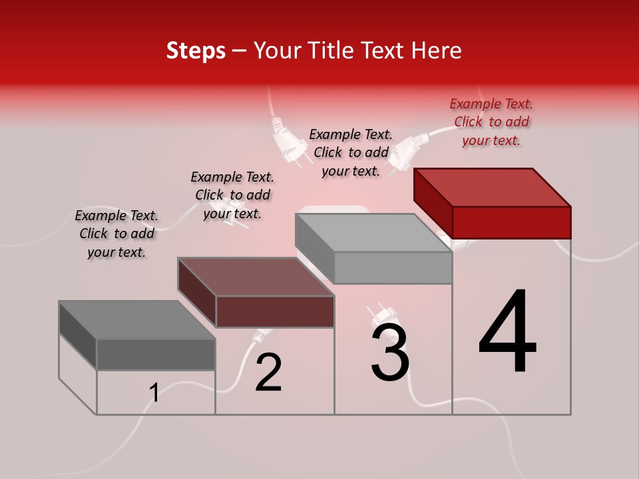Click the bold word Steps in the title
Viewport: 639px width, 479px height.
point(196,51)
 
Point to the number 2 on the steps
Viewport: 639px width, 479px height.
point(269,373)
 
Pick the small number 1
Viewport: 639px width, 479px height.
point(154,393)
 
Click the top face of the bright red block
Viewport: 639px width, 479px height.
point(492,187)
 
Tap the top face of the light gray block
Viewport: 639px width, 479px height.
point(373,233)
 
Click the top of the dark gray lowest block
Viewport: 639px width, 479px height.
point(137,320)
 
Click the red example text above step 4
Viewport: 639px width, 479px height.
point(491,122)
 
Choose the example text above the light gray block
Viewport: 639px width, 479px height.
point(351,152)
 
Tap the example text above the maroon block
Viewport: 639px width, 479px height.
point(232,195)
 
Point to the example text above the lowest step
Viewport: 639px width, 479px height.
point(116,234)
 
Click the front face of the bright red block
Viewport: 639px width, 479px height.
point(511,222)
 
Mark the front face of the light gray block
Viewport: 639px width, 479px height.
point(393,268)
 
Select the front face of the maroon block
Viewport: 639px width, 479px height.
point(275,311)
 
